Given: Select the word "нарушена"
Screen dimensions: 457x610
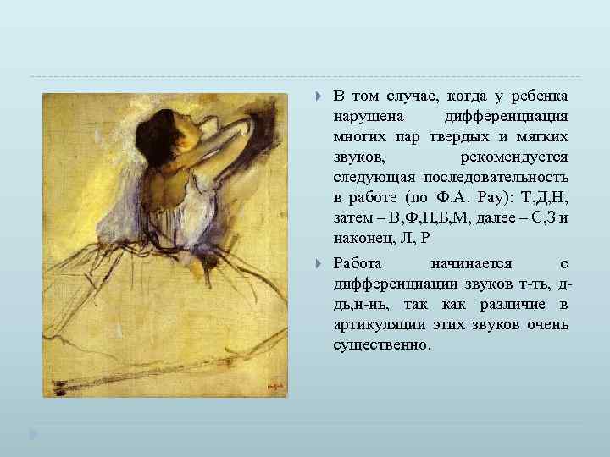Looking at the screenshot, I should click(x=369, y=116).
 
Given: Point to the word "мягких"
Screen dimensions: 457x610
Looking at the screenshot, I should click(x=541, y=136).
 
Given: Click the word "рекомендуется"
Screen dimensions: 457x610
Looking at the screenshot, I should click(x=513, y=157).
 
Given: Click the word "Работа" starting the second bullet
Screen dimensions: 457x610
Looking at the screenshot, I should click(x=358, y=263).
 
